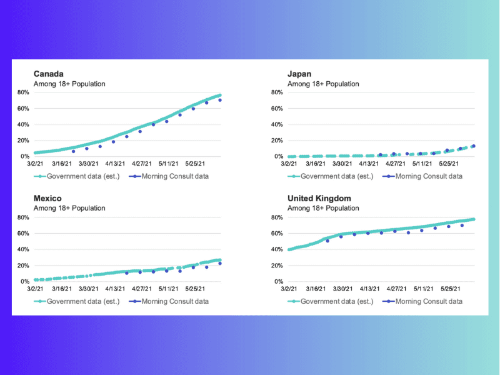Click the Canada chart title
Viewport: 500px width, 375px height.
(x=48, y=74)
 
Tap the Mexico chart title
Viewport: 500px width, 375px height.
(x=47, y=199)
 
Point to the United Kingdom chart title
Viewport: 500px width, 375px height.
(x=319, y=199)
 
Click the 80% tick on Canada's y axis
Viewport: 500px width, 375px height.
(x=23, y=92)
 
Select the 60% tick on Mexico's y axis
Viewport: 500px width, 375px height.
(x=23, y=234)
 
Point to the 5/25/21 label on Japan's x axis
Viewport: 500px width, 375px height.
(x=451, y=164)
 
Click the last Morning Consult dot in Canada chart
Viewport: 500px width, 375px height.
(x=220, y=100)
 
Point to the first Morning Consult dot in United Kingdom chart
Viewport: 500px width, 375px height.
(x=327, y=241)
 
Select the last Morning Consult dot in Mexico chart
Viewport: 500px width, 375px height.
(x=220, y=264)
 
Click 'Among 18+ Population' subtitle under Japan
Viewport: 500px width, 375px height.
(x=323, y=84)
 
